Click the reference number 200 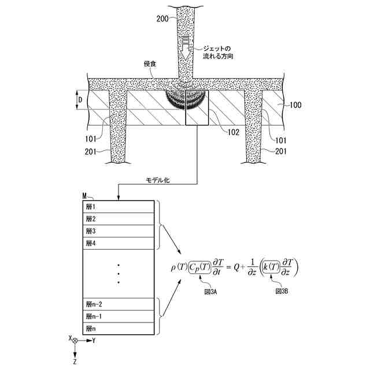click(162, 19)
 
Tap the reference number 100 click(295, 105)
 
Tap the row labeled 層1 click(119, 207)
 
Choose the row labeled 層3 click(119, 231)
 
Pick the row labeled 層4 click(119, 243)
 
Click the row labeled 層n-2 click(119, 304)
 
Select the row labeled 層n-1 click(119, 316)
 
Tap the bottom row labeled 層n click(119, 328)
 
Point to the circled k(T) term click(272, 267)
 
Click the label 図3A click(211, 293)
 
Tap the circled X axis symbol click(75, 341)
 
